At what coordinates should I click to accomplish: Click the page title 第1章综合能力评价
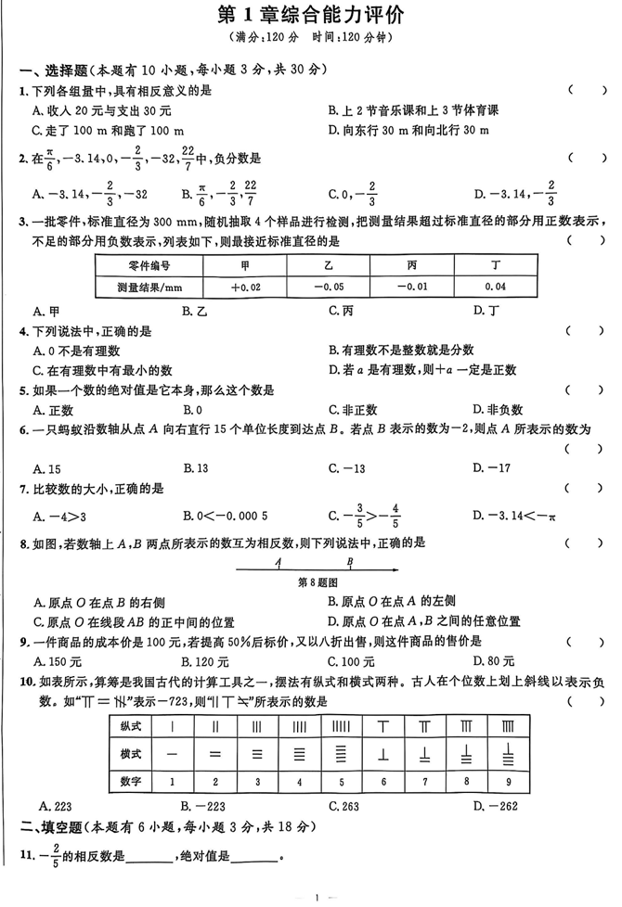[311, 15]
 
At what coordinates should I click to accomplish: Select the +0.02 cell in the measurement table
[246, 287]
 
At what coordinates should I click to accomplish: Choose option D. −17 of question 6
[492, 468]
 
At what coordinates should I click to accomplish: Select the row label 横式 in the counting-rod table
[131, 753]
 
